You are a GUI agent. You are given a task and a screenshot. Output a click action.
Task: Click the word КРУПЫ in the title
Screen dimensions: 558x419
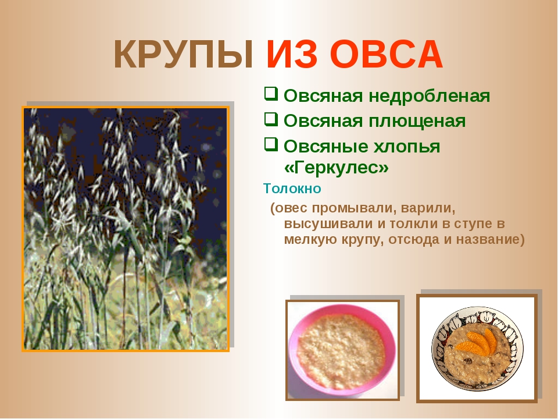pyautogui.click(x=184, y=55)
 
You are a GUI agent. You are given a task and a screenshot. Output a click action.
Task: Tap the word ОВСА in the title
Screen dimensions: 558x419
pyautogui.click(x=386, y=55)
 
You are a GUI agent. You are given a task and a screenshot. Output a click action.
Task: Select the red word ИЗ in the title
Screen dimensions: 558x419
pyautogui.click(x=291, y=55)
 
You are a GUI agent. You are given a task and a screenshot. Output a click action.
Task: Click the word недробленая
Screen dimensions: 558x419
pyautogui.click(x=430, y=96)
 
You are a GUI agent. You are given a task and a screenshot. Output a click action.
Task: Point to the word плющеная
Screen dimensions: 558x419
pyautogui.click(x=417, y=122)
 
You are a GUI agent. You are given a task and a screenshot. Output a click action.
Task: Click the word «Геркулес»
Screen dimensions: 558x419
pyautogui.click(x=337, y=168)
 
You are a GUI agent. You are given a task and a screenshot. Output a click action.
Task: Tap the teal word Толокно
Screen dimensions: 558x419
pyautogui.click(x=292, y=189)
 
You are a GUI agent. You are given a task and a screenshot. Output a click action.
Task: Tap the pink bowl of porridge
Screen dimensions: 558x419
pyautogui.click(x=342, y=348)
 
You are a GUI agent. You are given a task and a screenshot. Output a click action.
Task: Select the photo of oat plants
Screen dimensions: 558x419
pyautogui.click(x=126, y=229)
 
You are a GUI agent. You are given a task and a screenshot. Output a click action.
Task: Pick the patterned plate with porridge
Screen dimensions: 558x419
pyautogui.click(x=477, y=348)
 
